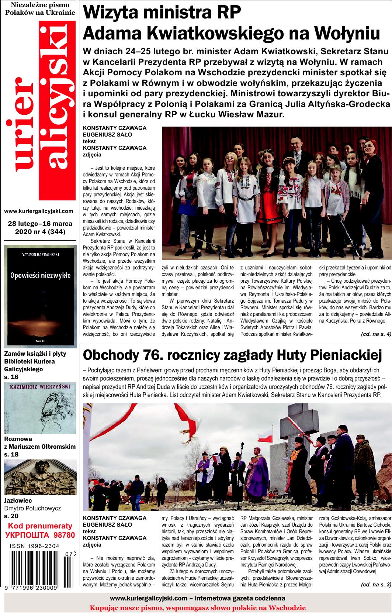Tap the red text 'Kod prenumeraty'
(40, 526)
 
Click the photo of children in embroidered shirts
(276, 194)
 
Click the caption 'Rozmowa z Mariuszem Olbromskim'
(40, 443)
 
